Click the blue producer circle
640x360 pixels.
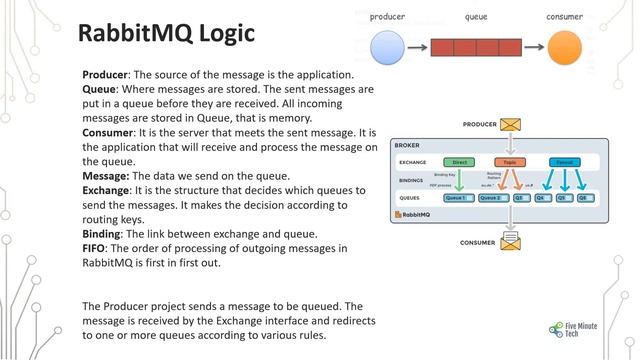[x=388, y=47]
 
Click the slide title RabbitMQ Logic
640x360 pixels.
[x=167, y=32]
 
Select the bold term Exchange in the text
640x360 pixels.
[x=105, y=189]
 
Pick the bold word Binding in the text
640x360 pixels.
[x=103, y=233]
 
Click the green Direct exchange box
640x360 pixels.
[x=459, y=162]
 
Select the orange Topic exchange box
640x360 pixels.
[x=509, y=162]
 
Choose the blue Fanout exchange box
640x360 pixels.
[x=565, y=162]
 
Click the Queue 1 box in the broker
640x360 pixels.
[x=457, y=198]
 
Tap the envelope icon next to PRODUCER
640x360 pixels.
[x=512, y=124]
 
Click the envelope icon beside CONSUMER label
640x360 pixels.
[x=512, y=242]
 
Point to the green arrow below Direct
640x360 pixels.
[x=459, y=180]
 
